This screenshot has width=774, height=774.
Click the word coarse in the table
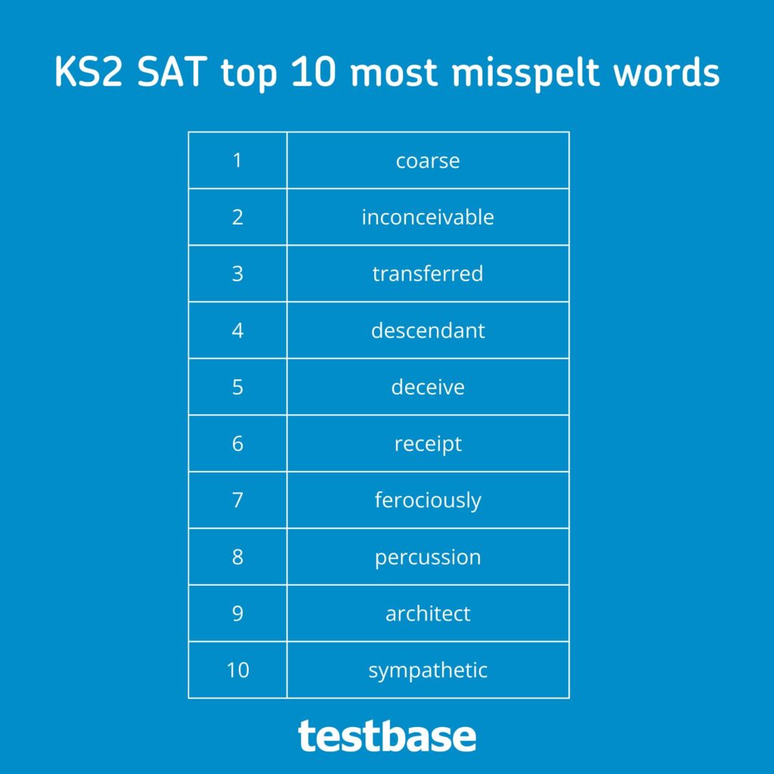pyautogui.click(x=428, y=161)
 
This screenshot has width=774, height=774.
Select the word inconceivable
pyautogui.click(x=428, y=217)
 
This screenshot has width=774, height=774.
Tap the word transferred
pyautogui.click(x=428, y=273)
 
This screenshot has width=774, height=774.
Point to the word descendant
pyautogui.click(x=428, y=330)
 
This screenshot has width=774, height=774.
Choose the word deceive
pyautogui.click(x=428, y=386)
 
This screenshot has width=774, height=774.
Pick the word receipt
pyautogui.click(x=428, y=444)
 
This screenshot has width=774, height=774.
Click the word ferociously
pyautogui.click(x=428, y=500)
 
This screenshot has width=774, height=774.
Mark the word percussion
pyautogui.click(x=428, y=557)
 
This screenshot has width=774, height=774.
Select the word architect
pyautogui.click(x=428, y=614)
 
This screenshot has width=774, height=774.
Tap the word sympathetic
pyautogui.click(x=428, y=670)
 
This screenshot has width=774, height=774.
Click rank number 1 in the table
pyautogui.click(x=237, y=160)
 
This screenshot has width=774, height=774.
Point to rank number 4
pyautogui.click(x=237, y=330)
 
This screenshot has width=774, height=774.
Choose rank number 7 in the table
pyautogui.click(x=237, y=500)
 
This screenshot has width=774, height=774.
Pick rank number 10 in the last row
pyautogui.click(x=237, y=670)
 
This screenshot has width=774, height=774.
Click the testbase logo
pyautogui.click(x=387, y=735)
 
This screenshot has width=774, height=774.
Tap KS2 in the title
pyautogui.click(x=88, y=72)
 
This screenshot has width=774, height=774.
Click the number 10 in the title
pyautogui.click(x=314, y=72)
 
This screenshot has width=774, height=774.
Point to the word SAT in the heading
pyautogui.click(x=172, y=72)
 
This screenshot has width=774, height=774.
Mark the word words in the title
pyautogui.click(x=667, y=72)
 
